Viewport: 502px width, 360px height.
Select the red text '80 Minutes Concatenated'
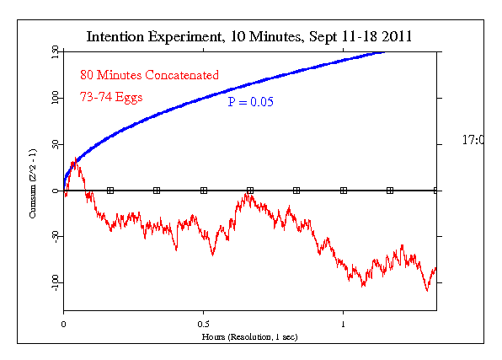coord(149,75)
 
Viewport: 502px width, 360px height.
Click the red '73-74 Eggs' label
coord(111,96)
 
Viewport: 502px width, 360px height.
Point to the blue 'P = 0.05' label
coord(251,102)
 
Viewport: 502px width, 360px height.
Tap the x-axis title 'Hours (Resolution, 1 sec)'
coord(249,336)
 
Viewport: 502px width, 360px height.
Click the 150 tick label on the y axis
coord(55,52)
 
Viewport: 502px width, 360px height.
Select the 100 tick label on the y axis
coord(55,99)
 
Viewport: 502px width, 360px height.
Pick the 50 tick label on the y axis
coord(55,145)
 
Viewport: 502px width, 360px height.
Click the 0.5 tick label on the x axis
coord(204,324)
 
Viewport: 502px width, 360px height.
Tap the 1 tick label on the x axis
coord(343,324)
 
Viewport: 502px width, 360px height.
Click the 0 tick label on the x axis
coord(64,324)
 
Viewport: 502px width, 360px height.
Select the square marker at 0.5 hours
coord(204,191)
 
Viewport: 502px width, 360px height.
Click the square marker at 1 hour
coord(343,191)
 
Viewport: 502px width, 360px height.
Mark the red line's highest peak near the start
coord(75,161)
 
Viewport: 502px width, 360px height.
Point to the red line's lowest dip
coord(427,290)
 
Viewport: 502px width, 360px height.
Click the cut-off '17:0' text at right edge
coord(472,140)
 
